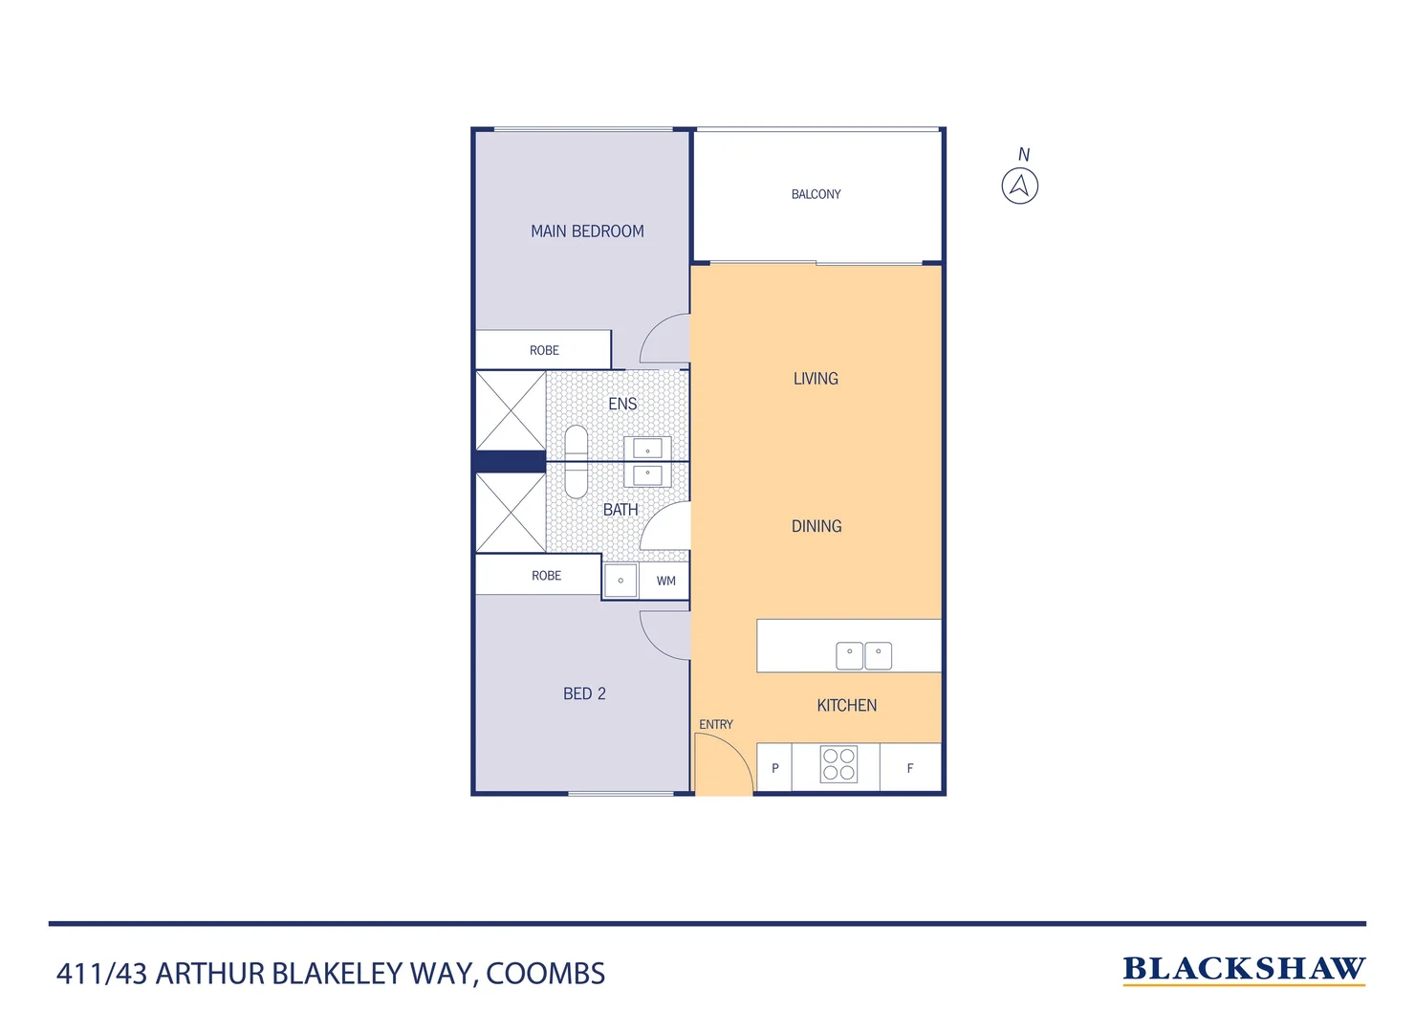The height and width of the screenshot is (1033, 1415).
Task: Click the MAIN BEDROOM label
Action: coord(587,231)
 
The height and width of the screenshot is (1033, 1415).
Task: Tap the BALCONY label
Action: coord(816,194)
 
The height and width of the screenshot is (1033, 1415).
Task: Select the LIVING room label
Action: coord(816,379)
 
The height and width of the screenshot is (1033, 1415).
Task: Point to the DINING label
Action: coord(816,526)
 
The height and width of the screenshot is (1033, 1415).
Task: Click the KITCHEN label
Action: coord(846,706)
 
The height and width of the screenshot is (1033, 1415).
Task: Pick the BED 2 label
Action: coord(584,693)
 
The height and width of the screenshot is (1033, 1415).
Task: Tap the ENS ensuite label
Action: coord(622,404)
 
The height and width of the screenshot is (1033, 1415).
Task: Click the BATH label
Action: coord(620,510)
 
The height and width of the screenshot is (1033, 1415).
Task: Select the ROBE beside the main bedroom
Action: coord(544,350)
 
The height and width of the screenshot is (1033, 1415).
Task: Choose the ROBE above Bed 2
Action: coord(546,576)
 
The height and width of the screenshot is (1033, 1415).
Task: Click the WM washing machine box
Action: coord(665,581)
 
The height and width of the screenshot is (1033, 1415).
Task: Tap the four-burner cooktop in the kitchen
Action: coord(838,765)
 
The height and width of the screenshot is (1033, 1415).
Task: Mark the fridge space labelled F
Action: coord(909,768)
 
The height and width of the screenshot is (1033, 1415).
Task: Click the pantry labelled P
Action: coord(774,768)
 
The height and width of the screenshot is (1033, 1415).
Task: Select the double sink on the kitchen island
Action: coord(863,655)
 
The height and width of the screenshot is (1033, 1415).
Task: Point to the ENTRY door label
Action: coord(715,725)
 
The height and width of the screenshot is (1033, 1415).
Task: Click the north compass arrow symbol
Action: coord(1019,186)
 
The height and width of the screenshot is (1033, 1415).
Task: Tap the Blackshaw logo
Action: coord(1244,969)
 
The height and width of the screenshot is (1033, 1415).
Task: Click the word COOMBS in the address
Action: coord(545,974)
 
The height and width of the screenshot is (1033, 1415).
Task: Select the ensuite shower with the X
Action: coord(511,410)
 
